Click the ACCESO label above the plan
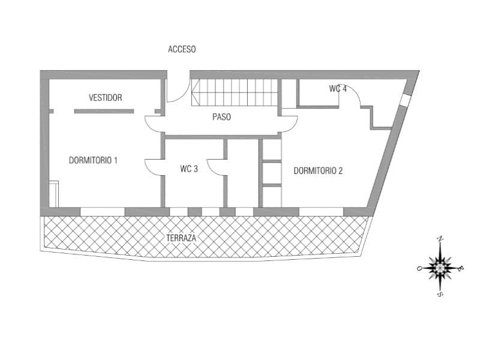(182, 49)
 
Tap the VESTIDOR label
(106, 97)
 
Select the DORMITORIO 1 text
(93, 160)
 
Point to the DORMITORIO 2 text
(318, 170)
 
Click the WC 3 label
(189, 169)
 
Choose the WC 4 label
(338, 89)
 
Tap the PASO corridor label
(221, 117)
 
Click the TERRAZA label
(182, 238)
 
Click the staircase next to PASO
(235, 92)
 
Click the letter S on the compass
(440, 294)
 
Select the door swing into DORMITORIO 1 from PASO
(154, 124)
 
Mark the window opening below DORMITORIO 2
(321, 211)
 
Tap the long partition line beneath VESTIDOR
(104, 111)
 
